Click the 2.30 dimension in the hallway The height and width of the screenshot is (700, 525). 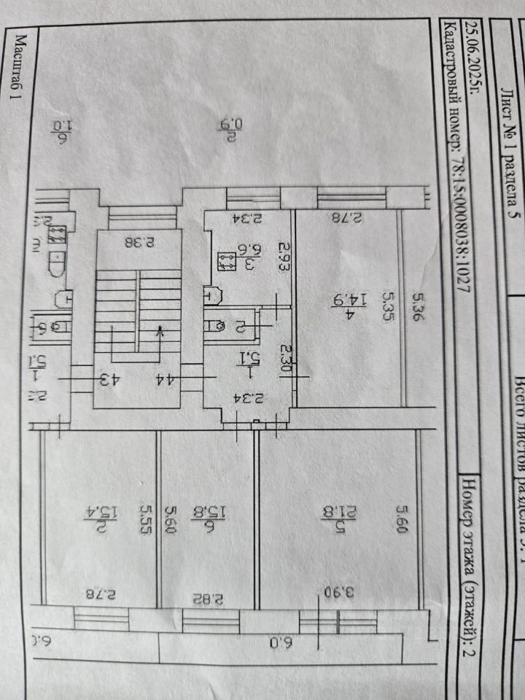tap(287, 359)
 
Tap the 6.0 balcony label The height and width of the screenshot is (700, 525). tap(279, 642)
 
